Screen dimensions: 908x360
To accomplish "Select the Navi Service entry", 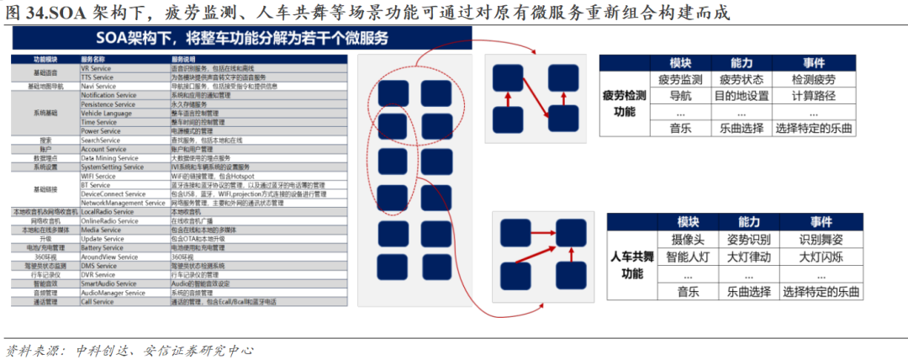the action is tap(98, 86).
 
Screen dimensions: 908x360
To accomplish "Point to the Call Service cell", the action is tap(97, 301).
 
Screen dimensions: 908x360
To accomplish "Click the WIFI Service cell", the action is tap(98, 177).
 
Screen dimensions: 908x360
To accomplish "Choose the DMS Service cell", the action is tap(98, 266).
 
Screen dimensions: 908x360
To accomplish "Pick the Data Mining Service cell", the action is tap(111, 158).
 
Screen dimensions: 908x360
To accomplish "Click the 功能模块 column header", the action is tap(45, 60).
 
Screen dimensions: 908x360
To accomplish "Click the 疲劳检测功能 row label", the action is tap(625, 103).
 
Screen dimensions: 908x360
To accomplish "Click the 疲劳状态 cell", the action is tap(741, 80).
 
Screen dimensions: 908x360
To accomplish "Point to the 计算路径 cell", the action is tap(813, 96).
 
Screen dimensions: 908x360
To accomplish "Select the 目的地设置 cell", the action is tap(741, 96).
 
